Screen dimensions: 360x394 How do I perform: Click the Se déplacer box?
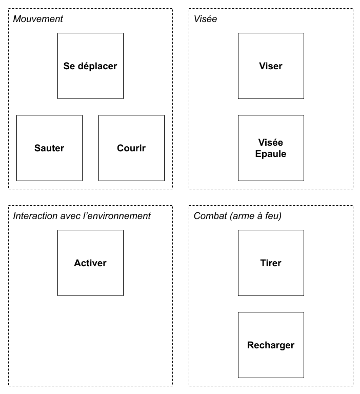[x=90, y=66]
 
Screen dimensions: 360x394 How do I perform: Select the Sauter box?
[x=50, y=148]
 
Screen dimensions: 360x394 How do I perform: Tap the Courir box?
[x=131, y=148]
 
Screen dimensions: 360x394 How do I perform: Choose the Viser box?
[x=271, y=66]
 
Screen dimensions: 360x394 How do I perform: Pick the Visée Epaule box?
[x=271, y=148]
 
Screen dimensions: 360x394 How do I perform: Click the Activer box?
[x=90, y=263]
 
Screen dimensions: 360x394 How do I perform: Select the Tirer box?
[x=271, y=263]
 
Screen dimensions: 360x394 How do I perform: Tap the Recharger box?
[x=271, y=345]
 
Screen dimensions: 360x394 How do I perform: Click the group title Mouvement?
[x=38, y=19]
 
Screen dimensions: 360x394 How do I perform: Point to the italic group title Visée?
[x=205, y=19]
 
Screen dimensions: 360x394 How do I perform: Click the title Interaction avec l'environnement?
[x=82, y=216]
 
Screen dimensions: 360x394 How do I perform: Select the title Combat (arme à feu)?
[x=237, y=216]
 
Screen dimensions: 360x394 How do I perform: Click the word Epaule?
[x=271, y=154]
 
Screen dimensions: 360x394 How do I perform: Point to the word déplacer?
[x=97, y=66]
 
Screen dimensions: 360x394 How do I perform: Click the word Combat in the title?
[x=210, y=216]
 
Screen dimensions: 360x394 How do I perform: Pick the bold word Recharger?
[x=271, y=345]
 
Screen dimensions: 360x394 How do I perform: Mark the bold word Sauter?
[x=49, y=148]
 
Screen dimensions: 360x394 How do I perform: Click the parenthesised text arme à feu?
[x=255, y=216]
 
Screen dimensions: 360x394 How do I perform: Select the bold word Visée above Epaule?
[x=271, y=143]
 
